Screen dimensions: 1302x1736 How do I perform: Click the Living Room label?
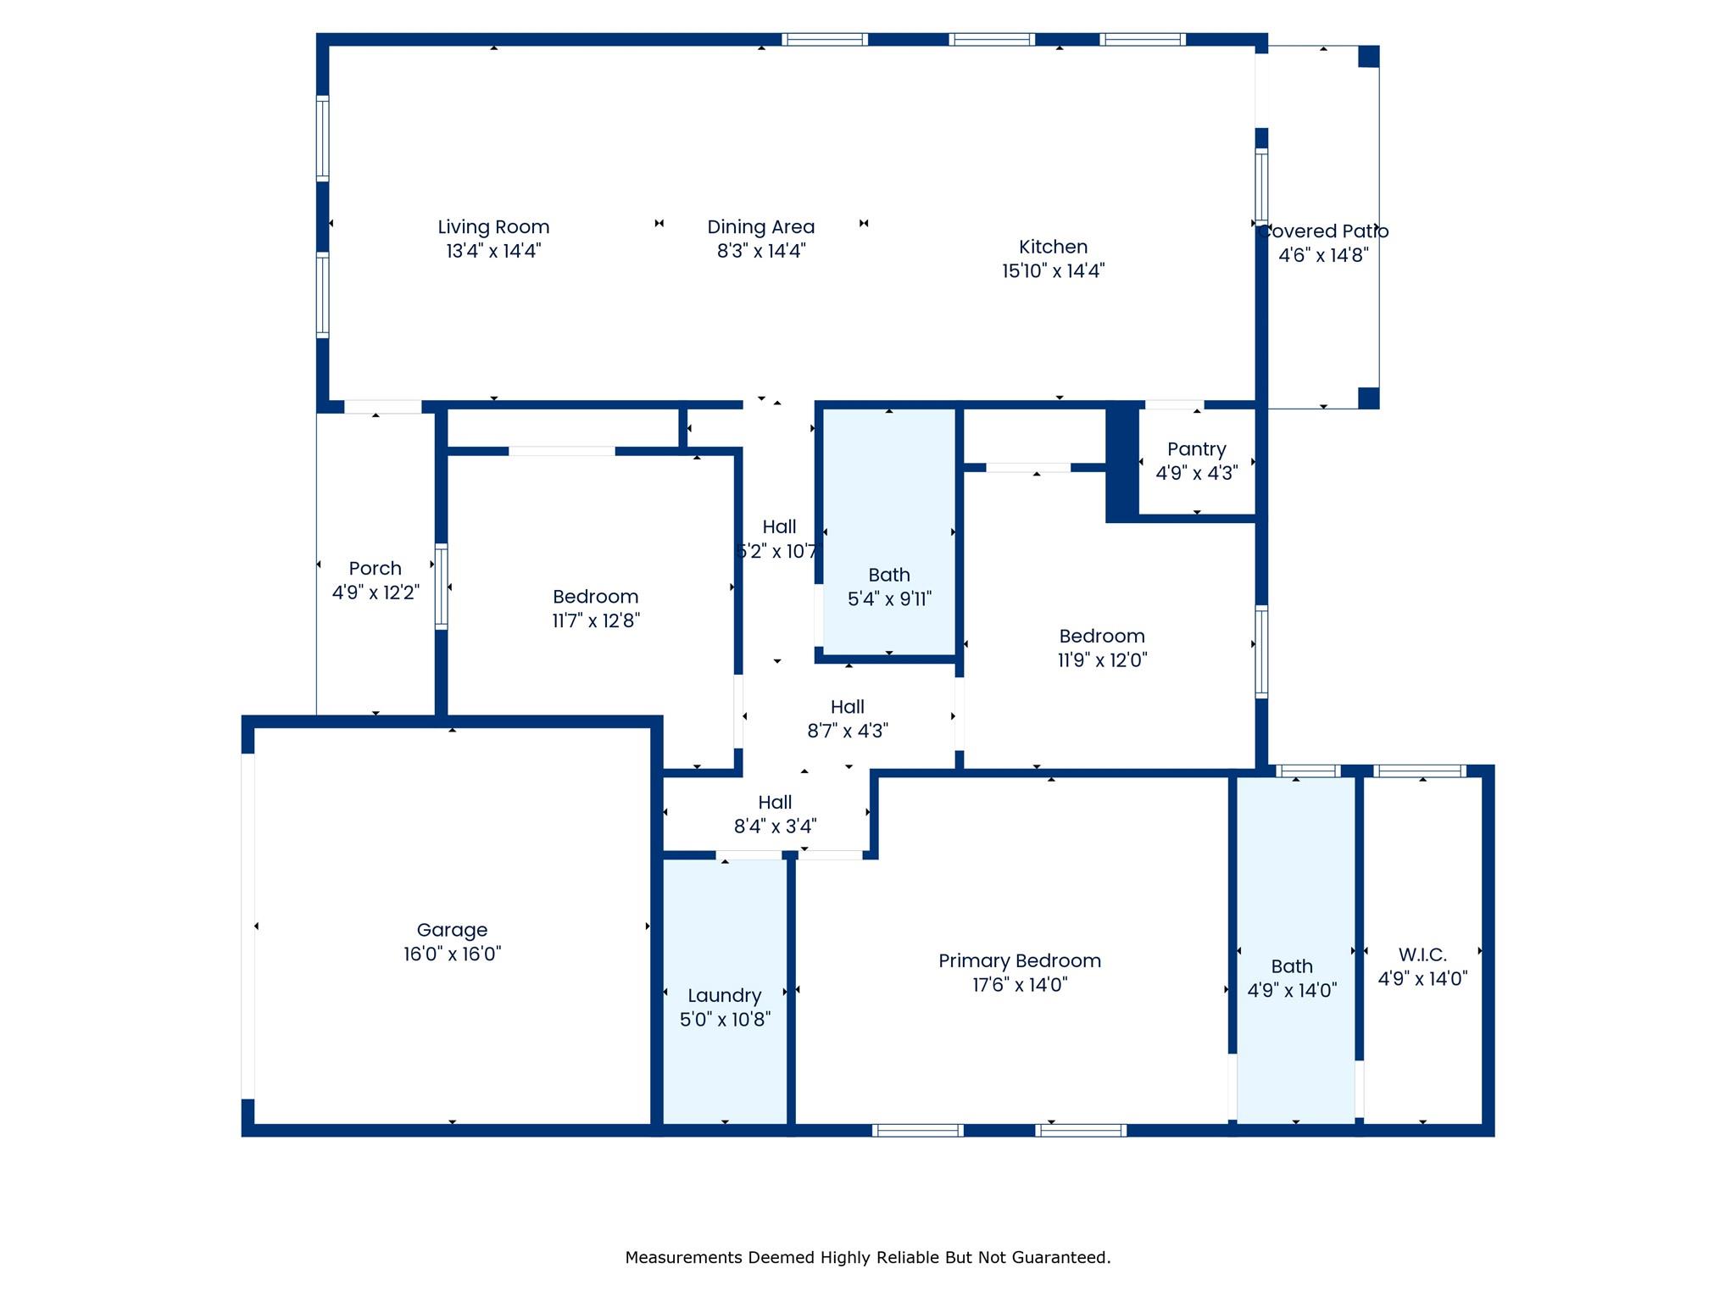tap(493, 227)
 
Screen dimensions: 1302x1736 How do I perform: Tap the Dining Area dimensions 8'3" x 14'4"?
tap(760, 251)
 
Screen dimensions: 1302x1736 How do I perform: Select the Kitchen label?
tap(1053, 247)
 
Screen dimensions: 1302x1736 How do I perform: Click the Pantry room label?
tap(1196, 449)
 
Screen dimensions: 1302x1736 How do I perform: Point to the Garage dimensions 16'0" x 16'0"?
tap(452, 954)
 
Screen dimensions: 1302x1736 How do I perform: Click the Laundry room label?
tap(724, 996)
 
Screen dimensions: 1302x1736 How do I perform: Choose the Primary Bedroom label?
tap(1020, 961)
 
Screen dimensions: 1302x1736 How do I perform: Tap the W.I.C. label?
tap(1422, 955)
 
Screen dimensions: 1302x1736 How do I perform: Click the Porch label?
tap(375, 569)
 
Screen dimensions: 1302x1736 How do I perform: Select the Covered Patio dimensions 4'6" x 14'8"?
tap(1323, 255)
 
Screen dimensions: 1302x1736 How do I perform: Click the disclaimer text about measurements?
tap(867, 1258)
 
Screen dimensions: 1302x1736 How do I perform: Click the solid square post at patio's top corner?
tap(1368, 57)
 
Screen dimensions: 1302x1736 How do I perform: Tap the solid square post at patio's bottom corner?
tap(1368, 398)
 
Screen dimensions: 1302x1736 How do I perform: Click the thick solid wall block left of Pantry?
tap(1121, 462)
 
